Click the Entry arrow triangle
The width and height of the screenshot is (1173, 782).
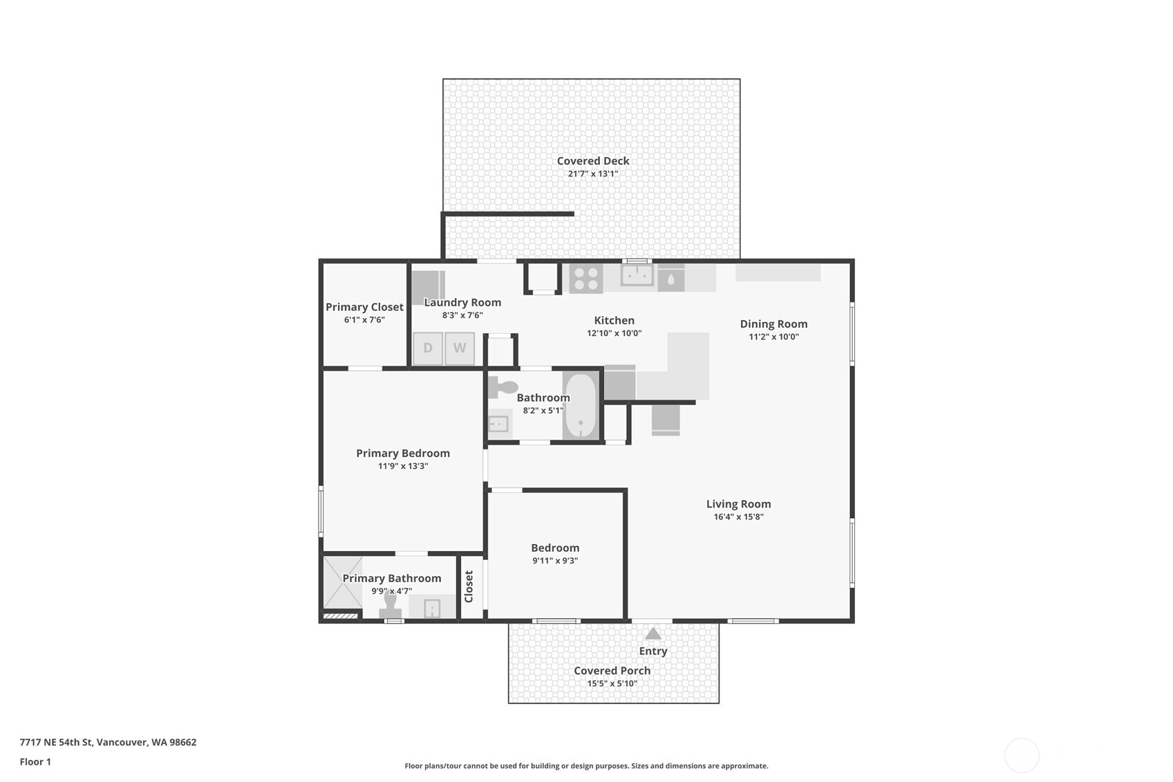(653, 633)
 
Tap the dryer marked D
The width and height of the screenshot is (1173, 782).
(428, 348)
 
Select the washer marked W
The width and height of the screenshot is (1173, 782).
(460, 348)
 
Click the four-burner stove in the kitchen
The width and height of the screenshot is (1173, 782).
(585, 278)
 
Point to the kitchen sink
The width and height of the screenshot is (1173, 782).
(637, 275)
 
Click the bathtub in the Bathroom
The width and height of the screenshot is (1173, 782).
(580, 406)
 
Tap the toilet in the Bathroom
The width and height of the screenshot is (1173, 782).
(503, 388)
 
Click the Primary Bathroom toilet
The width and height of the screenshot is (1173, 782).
(391, 606)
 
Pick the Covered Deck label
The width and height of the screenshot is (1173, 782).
(593, 161)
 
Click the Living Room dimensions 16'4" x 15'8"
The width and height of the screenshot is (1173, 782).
(738, 516)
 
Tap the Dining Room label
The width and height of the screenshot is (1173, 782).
(773, 324)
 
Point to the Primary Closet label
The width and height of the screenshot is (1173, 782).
(364, 307)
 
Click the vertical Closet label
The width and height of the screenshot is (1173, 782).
(469, 586)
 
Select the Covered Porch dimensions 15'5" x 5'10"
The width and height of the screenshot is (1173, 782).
(612, 683)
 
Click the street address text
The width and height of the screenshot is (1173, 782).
(108, 742)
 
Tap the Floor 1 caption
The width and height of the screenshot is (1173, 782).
(35, 761)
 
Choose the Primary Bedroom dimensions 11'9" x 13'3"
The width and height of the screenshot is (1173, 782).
(403, 466)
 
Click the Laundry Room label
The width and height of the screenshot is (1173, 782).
(462, 302)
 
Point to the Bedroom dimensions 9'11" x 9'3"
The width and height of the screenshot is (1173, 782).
(555, 561)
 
